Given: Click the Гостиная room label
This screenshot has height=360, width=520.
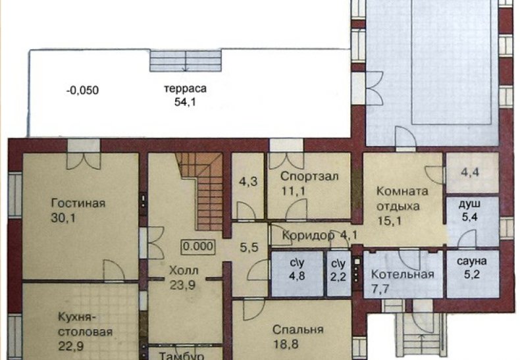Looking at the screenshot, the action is click(78, 203).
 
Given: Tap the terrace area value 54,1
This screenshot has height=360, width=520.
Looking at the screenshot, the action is click(185, 102).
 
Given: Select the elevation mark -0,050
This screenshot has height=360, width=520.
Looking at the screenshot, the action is click(82, 90).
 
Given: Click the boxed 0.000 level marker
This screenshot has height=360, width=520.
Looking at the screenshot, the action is click(198, 246).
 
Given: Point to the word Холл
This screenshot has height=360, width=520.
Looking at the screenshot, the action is click(184, 270).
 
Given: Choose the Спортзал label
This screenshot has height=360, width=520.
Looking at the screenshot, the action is click(309, 176).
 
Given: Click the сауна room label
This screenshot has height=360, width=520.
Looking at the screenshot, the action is click(471, 261).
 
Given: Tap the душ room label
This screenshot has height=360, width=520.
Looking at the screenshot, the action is click(469, 204).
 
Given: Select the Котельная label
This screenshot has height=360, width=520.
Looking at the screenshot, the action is click(402, 274).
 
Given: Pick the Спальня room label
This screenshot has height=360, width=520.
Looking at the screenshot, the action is click(298, 330).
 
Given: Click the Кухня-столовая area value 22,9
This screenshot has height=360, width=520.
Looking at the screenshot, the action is click(71, 346).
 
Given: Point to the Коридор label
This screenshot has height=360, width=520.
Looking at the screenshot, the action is click(308, 235).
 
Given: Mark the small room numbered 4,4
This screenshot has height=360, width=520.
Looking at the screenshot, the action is click(472, 172).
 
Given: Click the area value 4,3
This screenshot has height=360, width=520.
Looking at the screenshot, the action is click(248, 182).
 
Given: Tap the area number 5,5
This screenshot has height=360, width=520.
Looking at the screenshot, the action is click(249, 247).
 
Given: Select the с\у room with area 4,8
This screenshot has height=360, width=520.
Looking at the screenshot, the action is click(298, 274).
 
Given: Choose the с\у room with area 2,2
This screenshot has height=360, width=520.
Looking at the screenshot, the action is click(338, 274).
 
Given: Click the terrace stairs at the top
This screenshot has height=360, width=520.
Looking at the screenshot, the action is click(186, 61).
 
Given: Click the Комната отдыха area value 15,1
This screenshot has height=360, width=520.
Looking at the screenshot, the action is click(389, 220).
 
